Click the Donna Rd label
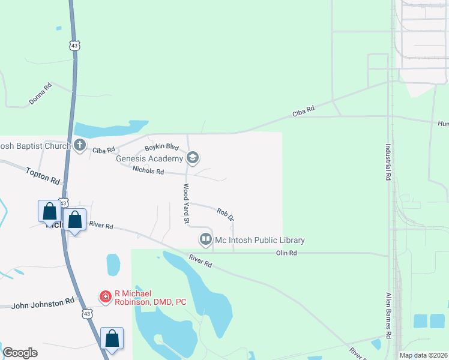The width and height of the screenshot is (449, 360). coord(40,94)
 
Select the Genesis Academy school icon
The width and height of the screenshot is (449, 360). coord(193,158)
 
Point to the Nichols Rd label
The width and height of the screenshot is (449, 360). coord(148,172)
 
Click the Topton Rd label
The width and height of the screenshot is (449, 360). coord(43,176)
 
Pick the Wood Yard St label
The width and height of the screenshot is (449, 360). coord(186,204)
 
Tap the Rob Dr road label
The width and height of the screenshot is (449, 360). coord(225,213)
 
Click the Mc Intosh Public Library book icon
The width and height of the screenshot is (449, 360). coord(205,240)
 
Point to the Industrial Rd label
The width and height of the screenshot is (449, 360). coord(388,162)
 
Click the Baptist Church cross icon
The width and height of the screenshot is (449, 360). coord(80,145)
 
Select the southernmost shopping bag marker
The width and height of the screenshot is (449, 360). coord(112,338)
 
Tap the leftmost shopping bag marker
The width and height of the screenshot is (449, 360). coord(49,211)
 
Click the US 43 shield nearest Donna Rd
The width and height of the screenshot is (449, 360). coord(74,46)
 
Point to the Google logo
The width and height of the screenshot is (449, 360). coord(20,353)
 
